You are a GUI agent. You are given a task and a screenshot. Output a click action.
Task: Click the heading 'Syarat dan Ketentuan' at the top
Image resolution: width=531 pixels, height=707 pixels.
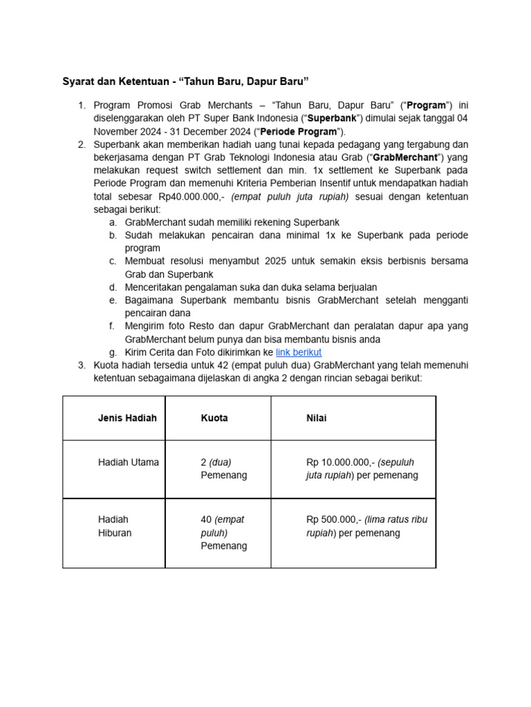pos(116,82)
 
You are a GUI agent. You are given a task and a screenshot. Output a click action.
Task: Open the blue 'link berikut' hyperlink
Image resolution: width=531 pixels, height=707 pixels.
pos(298,352)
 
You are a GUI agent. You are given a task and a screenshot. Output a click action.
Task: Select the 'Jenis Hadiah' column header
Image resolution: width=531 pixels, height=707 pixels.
pos(127,418)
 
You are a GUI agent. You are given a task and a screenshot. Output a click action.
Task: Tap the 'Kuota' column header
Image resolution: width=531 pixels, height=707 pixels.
pos(214,418)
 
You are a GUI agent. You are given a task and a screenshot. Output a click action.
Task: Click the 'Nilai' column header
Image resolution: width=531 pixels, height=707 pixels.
pos(317,418)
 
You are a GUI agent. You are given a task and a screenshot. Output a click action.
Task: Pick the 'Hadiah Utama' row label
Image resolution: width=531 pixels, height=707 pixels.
pos(128,463)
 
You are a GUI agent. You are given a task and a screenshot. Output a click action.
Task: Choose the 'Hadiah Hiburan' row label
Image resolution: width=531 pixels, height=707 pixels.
pos(114,526)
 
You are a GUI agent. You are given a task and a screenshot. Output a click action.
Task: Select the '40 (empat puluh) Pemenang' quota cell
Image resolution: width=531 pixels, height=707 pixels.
pos(223,532)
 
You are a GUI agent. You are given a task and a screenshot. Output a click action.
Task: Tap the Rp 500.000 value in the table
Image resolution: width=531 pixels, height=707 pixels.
pos(333,519)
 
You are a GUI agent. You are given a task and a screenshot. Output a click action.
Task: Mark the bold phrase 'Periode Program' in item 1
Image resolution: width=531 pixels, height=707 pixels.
pos(301,131)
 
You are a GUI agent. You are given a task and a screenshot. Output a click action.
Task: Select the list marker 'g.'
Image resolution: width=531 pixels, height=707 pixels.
pos(113,352)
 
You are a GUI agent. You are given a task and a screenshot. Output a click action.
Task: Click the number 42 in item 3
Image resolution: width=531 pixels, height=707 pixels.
pos(227,365)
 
